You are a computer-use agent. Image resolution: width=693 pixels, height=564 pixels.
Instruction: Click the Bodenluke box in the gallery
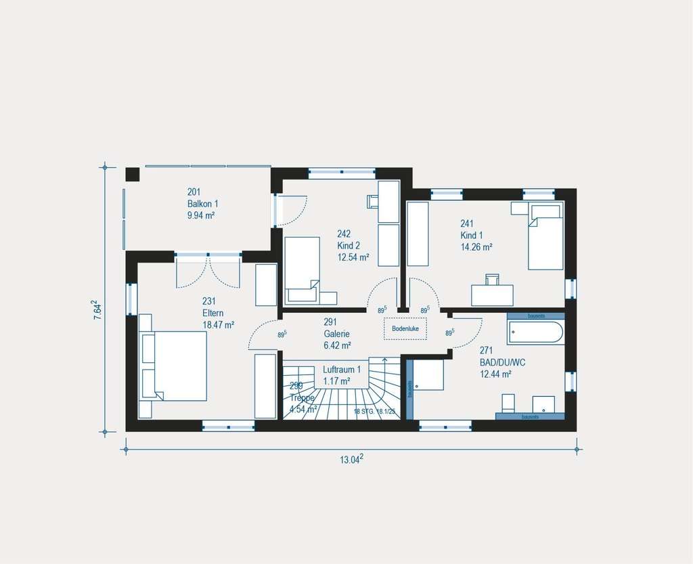coord(405,329)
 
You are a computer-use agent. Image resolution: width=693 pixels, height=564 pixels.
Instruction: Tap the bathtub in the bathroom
coord(535,332)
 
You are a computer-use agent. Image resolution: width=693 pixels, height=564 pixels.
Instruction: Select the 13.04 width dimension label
coord(351,459)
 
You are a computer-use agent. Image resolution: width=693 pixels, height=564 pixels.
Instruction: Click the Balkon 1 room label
coord(203,203)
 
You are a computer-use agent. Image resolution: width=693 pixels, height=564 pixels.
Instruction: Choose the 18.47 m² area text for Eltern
coord(218,325)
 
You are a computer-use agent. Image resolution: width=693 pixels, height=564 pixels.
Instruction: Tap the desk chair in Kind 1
coord(492,278)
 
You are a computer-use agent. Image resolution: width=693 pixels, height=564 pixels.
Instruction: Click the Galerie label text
coord(336,334)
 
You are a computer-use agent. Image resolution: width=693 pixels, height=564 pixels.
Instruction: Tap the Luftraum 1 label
coord(342,370)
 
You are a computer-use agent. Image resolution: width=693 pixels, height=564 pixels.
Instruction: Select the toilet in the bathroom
coord(508,404)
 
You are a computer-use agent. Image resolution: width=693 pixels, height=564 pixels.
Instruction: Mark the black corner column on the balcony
coord(132,174)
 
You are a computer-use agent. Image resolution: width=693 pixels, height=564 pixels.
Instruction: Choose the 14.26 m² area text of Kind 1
coord(476,247)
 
